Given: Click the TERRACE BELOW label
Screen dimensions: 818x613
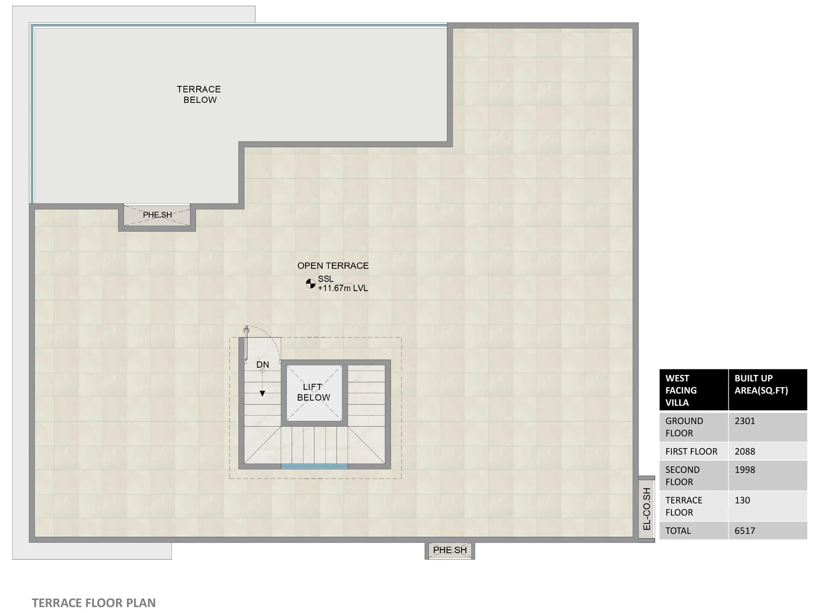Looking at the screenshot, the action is click(x=199, y=95).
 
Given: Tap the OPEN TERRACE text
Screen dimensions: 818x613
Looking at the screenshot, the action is click(x=333, y=266).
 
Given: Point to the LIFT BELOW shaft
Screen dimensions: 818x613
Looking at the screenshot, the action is click(x=314, y=393).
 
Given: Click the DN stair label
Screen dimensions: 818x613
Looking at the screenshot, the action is click(x=262, y=365).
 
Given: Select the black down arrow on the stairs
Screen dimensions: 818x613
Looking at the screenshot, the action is click(x=262, y=393).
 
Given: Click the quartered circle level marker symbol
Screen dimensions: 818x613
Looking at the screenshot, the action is click(x=310, y=284).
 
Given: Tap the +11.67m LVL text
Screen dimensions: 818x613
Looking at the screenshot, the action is click(x=343, y=288).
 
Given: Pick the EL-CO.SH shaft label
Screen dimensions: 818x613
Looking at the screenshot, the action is click(x=647, y=509).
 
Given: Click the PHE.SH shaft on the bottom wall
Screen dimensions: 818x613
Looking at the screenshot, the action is click(x=450, y=550).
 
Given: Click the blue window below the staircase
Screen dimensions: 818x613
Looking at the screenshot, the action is click(x=314, y=466).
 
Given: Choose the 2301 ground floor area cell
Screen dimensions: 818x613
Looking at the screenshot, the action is click(x=744, y=421).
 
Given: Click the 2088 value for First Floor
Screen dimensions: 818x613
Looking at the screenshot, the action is click(x=744, y=452).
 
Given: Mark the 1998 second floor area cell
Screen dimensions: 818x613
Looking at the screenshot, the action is click(x=744, y=469).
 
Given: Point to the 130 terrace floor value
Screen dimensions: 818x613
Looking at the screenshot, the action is click(x=742, y=500).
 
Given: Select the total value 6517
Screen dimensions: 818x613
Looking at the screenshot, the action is click(x=744, y=531).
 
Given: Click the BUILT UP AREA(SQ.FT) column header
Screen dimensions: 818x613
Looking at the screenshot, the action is click(x=761, y=385).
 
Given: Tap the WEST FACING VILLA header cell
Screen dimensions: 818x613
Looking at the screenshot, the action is click(x=681, y=390).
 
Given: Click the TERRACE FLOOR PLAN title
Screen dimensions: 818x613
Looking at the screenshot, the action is click(x=94, y=603).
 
